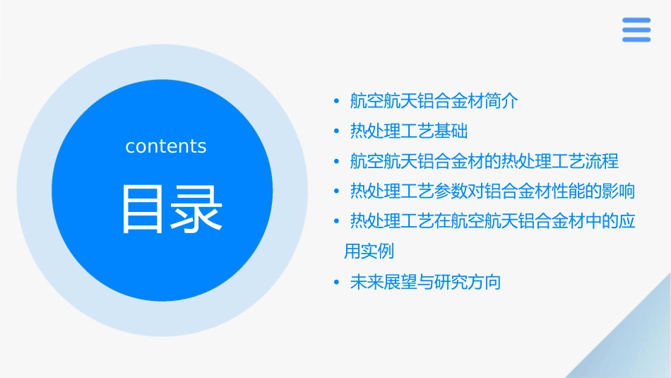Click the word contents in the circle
tap(166, 146)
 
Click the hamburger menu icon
tap(636, 30)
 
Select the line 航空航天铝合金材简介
tap(434, 101)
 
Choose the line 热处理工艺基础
tap(408, 131)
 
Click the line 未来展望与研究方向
tap(425, 283)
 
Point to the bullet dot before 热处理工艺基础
tap(337, 131)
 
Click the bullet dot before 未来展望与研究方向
tap(337, 283)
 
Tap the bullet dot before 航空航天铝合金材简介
tap(337, 101)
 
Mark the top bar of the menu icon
tap(636, 20)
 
